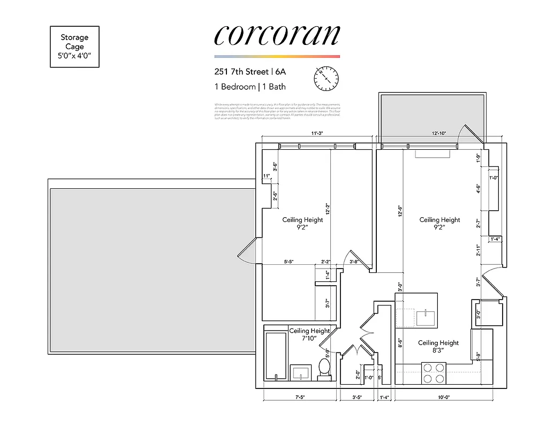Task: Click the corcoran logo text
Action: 277,35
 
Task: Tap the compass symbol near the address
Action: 326,79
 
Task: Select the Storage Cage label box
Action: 74,47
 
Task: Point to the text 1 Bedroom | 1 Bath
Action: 250,87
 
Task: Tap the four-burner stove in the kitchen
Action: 434,373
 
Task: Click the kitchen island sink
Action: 426,317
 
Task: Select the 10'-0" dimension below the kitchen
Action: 443,398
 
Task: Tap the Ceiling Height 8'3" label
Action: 438,347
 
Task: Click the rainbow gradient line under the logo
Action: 277,56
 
